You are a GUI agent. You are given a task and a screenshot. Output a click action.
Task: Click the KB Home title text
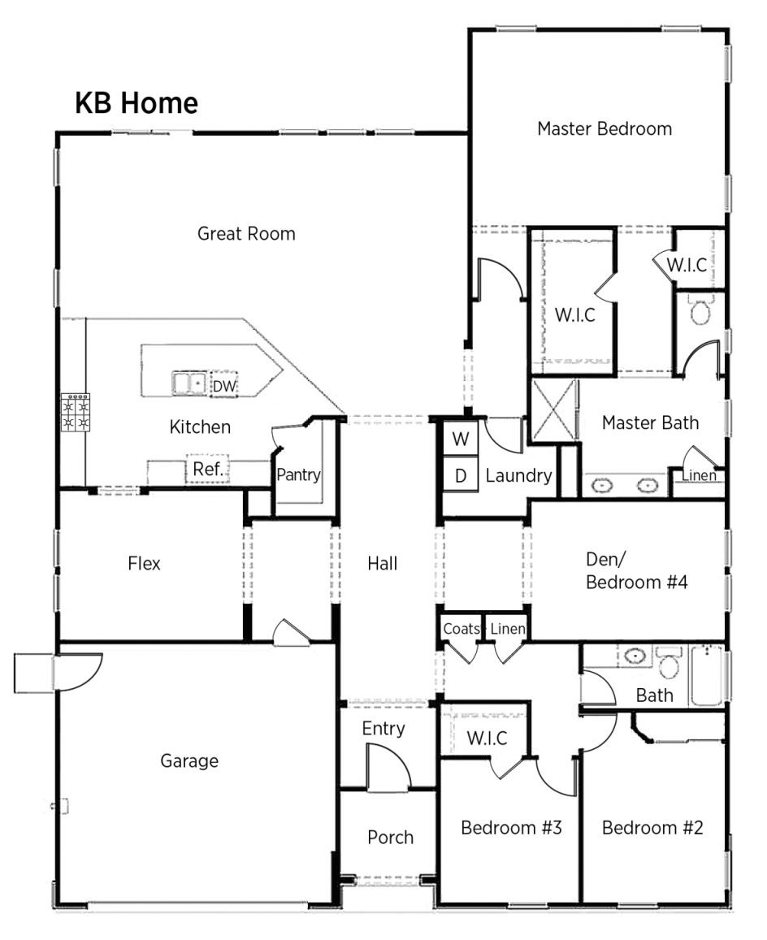point(136,103)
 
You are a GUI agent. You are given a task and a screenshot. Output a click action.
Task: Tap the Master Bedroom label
point(604,128)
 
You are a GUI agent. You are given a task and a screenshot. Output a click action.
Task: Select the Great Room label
point(246,234)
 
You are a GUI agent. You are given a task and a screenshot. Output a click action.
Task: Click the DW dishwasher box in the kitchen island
point(223,387)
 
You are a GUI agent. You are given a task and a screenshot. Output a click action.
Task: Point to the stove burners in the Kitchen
point(76,412)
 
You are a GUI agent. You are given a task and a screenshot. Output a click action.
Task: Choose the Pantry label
point(298,474)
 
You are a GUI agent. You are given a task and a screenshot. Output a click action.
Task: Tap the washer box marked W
point(461,440)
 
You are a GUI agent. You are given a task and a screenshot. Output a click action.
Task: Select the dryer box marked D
point(461,476)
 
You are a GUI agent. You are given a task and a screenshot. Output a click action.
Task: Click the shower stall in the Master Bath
point(554,411)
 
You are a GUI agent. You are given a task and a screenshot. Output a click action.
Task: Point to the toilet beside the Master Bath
point(700,310)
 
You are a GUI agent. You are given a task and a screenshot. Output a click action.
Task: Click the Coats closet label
point(461,629)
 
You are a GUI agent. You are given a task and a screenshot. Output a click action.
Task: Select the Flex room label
point(144,563)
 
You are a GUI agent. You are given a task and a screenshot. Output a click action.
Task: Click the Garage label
point(189,761)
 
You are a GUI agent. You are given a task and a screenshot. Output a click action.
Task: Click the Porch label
point(390,837)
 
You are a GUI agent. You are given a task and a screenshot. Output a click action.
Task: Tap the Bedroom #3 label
point(511,828)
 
